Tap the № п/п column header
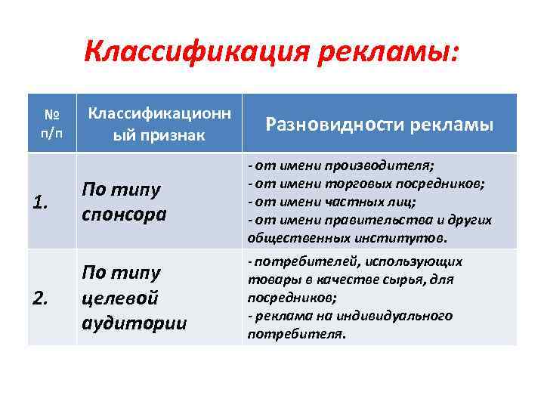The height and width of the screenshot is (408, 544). pos(51,123)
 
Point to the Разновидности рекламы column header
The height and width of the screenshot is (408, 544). pos(379,124)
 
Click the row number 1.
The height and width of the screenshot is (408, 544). pos(43,202)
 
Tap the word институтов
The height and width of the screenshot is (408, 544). pos(413,238)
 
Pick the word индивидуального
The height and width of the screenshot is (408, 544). pos(399,316)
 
